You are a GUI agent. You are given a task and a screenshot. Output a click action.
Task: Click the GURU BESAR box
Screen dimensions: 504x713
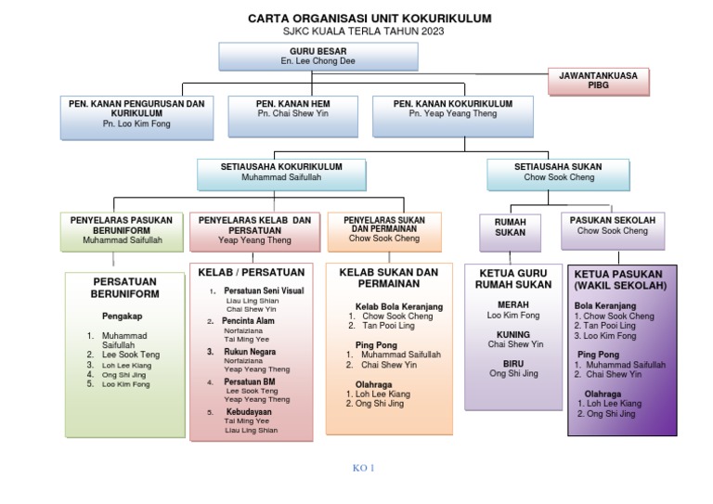click(318, 56)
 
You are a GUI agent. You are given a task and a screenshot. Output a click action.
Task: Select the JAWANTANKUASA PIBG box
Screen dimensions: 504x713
click(598, 82)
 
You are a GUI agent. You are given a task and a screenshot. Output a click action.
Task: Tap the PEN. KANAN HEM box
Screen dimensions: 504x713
click(292, 115)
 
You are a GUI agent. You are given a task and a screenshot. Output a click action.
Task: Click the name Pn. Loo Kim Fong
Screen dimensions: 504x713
click(136, 124)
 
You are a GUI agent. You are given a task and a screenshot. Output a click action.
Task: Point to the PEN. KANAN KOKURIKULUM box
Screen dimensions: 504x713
click(453, 115)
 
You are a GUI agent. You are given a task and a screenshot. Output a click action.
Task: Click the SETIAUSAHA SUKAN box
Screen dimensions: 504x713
click(558, 172)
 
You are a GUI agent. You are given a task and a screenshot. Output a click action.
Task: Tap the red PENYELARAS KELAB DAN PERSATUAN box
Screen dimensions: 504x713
click(253, 230)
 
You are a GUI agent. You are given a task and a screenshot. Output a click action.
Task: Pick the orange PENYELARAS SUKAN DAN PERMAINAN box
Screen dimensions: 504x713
click(378, 231)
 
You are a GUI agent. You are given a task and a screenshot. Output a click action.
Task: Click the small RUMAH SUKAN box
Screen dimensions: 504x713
click(510, 230)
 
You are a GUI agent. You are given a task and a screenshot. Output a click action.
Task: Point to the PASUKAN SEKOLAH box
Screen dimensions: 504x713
click(613, 230)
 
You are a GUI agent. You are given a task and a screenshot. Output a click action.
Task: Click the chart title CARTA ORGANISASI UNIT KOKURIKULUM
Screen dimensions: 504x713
click(369, 19)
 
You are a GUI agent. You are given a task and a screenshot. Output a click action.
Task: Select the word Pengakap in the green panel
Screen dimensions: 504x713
click(122, 316)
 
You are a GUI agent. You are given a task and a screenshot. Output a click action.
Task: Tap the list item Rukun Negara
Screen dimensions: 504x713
click(249, 352)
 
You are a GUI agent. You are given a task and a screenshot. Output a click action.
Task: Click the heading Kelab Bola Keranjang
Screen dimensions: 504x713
click(399, 306)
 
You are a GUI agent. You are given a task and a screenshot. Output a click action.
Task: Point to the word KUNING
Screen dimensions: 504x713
click(513, 334)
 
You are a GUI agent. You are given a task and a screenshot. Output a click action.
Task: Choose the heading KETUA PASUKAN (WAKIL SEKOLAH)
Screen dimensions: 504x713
click(621, 279)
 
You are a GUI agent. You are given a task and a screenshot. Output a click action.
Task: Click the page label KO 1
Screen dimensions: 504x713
click(363, 468)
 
